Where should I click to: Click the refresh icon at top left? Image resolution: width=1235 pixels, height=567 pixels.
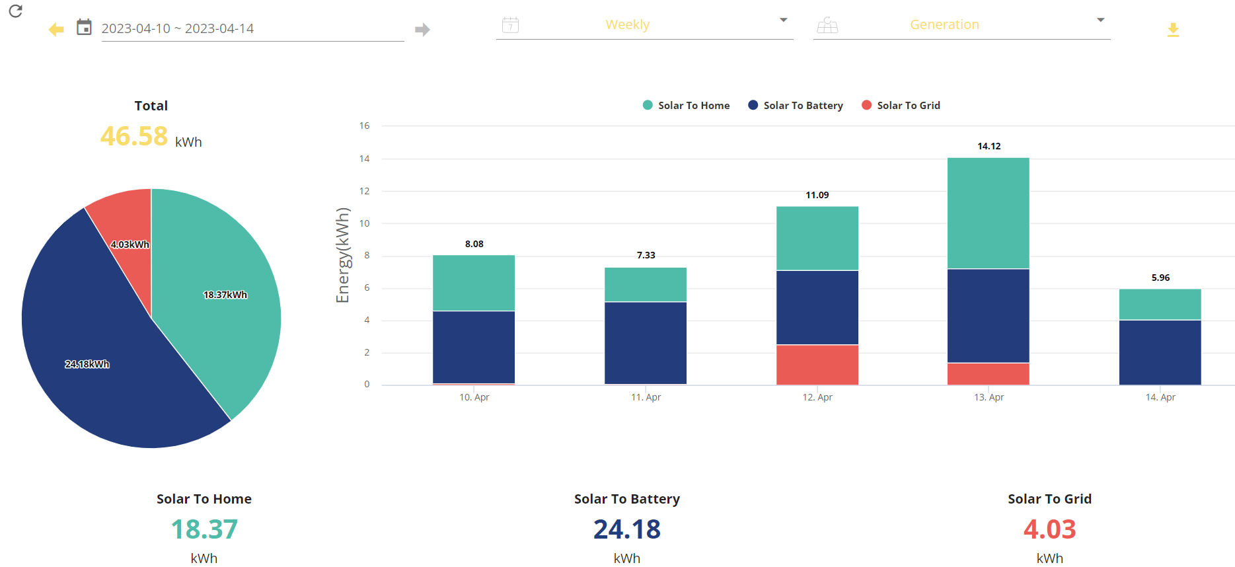coord(16,11)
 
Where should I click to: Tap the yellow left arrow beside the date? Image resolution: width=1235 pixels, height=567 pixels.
coord(56,29)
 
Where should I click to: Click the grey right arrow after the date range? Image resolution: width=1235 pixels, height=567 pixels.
coord(422,29)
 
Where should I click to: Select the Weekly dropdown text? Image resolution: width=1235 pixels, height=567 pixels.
coord(627,24)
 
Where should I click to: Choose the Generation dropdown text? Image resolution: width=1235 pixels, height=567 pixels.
coord(944,24)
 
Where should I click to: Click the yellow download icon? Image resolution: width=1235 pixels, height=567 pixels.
coord(1173,30)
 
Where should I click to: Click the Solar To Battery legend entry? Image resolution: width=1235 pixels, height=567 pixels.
coord(796,105)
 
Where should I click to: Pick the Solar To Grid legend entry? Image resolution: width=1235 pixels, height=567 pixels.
coord(901,105)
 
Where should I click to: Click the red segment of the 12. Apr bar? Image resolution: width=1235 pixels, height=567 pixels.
coord(817,365)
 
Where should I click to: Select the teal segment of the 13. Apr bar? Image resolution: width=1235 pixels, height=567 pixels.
coord(989,213)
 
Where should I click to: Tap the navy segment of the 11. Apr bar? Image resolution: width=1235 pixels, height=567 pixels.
coord(646,343)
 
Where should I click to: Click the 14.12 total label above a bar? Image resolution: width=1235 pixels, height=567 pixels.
coord(989,146)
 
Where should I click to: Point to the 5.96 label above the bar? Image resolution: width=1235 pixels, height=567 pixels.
coord(1160,278)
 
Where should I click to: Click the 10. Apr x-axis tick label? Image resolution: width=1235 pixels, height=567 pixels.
coord(474,397)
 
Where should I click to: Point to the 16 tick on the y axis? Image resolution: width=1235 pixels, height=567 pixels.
coord(365,126)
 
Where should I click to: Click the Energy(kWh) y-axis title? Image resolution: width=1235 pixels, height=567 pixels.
coord(342,255)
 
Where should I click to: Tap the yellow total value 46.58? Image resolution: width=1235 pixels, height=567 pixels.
coord(134,136)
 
